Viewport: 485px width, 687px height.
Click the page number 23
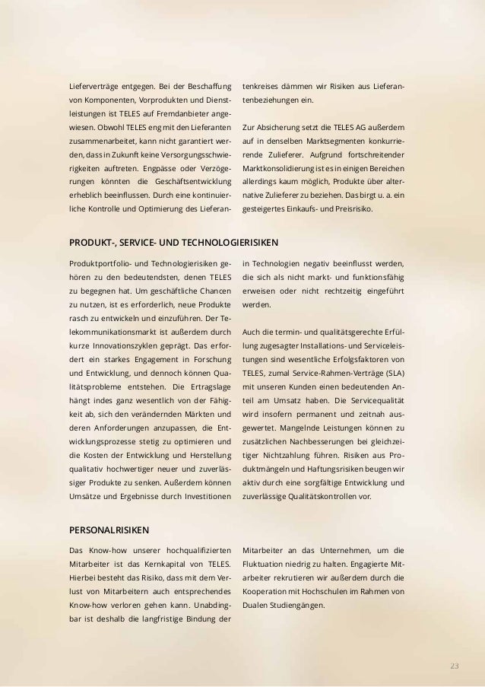[454, 666]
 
